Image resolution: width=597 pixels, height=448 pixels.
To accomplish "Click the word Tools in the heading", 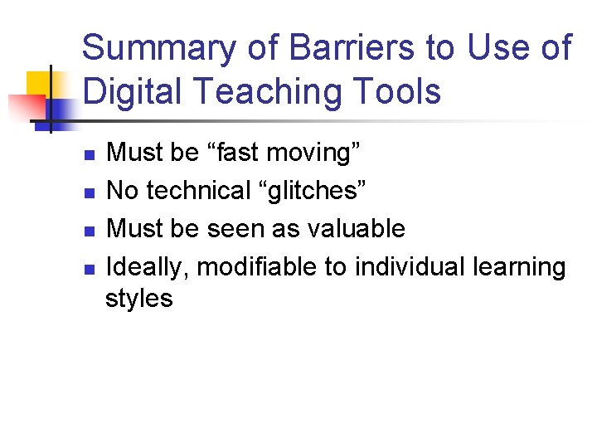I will coord(396,90).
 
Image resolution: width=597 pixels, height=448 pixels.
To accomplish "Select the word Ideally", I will coord(148,268).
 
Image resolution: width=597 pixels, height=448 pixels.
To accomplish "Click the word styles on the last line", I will coord(139,298).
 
